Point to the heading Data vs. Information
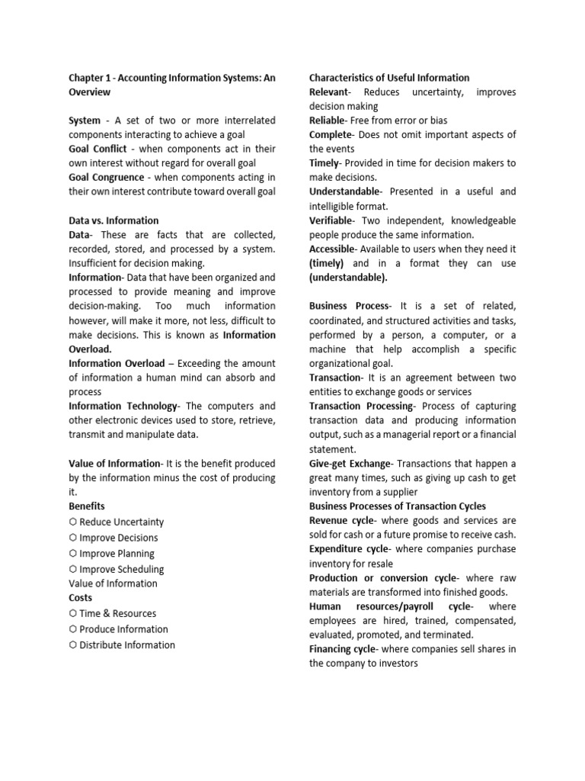[x=113, y=220]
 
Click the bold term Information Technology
[x=123, y=406]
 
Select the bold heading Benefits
[x=87, y=506]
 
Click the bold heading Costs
[x=81, y=598]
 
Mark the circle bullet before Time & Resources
[x=72, y=613]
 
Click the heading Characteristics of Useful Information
[x=389, y=77]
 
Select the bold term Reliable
[x=328, y=121]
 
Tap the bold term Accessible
[x=332, y=249]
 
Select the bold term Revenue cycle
[x=341, y=520]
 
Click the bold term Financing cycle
[x=343, y=648]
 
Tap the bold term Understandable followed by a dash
[x=344, y=191]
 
